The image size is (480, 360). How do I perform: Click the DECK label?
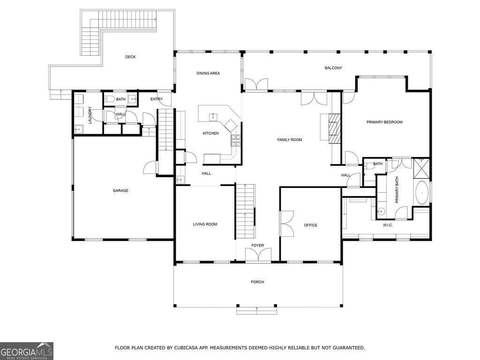(x=130, y=57)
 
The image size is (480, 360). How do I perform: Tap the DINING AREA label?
(x=208, y=73)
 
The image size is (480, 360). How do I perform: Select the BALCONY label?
(x=333, y=68)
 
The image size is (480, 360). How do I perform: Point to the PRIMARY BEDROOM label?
(x=384, y=122)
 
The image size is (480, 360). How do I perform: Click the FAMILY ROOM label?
(x=289, y=140)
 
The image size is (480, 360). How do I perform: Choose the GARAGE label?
(x=120, y=191)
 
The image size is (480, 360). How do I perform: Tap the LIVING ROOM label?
(x=205, y=225)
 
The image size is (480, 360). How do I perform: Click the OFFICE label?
(x=310, y=225)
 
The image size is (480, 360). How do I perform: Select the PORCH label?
(x=257, y=282)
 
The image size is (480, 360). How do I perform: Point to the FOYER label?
(x=257, y=246)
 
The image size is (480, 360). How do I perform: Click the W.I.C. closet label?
(x=388, y=225)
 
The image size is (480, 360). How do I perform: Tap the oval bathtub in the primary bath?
(x=422, y=192)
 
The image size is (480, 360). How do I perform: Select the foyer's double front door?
(x=258, y=255)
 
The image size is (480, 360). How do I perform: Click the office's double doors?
(x=286, y=223)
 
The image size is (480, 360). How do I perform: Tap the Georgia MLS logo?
(x=27, y=351)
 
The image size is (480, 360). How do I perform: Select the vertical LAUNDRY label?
(x=89, y=115)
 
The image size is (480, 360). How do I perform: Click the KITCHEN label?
(x=210, y=134)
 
